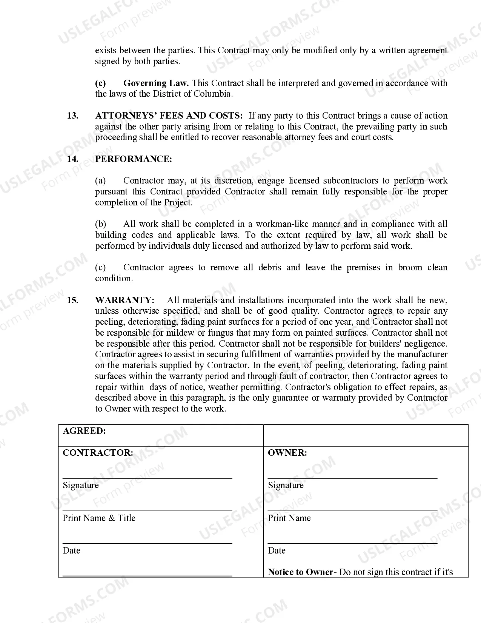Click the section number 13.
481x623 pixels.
73,116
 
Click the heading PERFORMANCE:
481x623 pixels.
134,159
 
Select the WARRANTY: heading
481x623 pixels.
124,301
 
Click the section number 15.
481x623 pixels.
73,301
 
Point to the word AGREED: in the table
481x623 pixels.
84,431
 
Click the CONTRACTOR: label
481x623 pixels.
98,453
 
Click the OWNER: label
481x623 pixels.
287,453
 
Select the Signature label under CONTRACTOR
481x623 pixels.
81,486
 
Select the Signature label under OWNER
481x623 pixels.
286,486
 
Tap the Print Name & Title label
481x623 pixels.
99,518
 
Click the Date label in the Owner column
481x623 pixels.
277,551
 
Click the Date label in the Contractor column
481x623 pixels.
71,551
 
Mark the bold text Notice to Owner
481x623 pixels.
300,572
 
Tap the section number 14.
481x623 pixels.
73,159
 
